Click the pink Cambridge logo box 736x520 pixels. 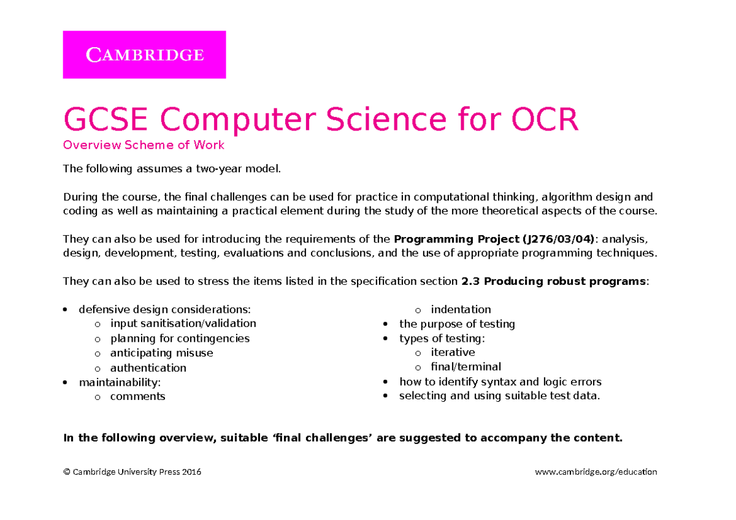144,55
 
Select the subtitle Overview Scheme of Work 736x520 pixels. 144,146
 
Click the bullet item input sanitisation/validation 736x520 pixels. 183,323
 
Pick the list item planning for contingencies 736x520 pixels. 180,338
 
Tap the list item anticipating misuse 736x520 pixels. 161,353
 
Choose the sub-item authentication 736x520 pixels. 148,367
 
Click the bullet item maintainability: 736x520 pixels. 120,382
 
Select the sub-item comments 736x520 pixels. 137,396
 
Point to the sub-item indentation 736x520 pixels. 461,309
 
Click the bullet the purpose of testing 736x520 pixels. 456,324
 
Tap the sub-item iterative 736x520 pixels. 453,352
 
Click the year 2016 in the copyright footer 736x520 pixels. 191,472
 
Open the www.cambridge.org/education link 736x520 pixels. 596,472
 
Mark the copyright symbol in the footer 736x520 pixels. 66,472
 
